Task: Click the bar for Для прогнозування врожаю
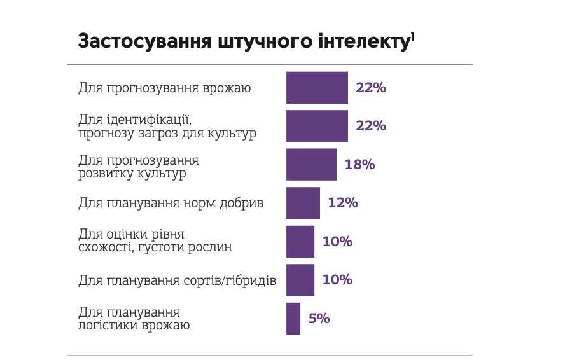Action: pos(317,88)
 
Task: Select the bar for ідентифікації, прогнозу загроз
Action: pos(317,126)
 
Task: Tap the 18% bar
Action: pos(311,165)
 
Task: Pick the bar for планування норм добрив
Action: pos(303,203)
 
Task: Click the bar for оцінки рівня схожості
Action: pos(300,242)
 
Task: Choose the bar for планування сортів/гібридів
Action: pos(300,280)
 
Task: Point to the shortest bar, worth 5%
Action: pos(293,319)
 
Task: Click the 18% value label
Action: pos(359,165)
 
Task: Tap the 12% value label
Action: pos(343,203)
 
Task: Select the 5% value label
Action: pos(319,319)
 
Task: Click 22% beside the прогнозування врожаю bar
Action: pos(371,88)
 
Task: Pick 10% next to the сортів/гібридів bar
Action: pos(337,280)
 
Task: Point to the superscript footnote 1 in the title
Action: pos(413,36)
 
